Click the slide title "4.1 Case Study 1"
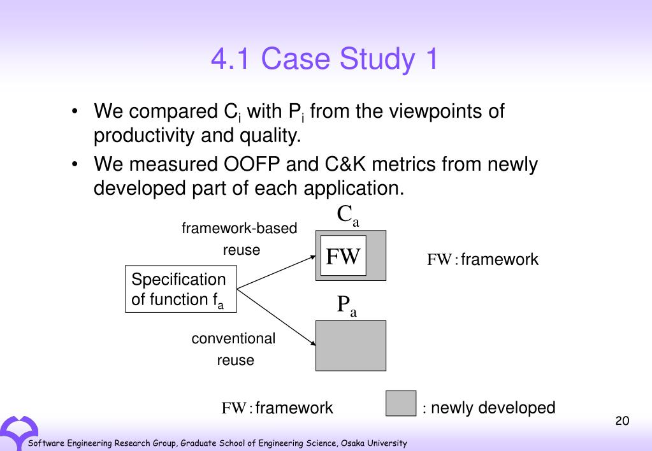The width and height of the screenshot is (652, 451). click(325, 59)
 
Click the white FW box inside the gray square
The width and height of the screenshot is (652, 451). click(343, 256)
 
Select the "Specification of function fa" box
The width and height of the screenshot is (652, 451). click(180, 290)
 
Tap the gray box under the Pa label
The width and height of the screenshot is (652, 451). click(351, 346)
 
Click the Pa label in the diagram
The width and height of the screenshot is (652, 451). click(347, 306)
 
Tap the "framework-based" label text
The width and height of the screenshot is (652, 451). click(240, 228)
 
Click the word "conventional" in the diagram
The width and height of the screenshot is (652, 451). click(233, 338)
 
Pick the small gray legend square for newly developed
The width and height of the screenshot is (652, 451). click(401, 404)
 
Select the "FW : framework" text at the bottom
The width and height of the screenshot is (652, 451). click(277, 408)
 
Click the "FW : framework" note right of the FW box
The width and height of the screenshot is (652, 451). click(482, 260)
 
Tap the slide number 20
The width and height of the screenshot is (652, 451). click(622, 421)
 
